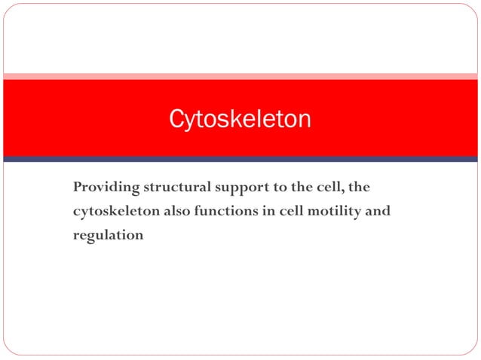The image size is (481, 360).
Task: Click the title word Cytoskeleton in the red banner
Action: pyautogui.click(x=239, y=119)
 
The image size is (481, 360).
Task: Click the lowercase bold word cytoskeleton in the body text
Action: pyautogui.click(x=115, y=211)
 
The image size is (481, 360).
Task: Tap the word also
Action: pyautogui.click(x=176, y=211)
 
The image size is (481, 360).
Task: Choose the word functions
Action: pyautogui.click(x=225, y=211)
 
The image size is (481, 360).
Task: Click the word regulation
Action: pyautogui.click(x=108, y=235)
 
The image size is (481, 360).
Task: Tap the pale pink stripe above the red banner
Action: pyautogui.click(x=240, y=76)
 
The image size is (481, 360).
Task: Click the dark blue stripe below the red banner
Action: pyautogui.click(x=240, y=159)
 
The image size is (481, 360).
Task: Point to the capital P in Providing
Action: pyautogui.click(x=77, y=187)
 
